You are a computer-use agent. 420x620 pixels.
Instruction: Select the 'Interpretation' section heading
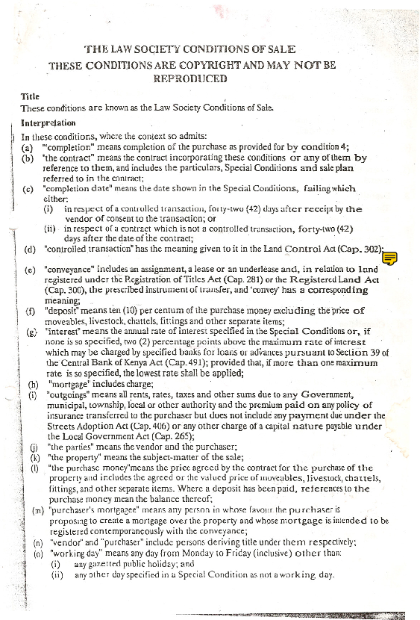[x=48, y=122]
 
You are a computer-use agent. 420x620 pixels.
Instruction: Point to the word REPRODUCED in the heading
[x=189, y=78]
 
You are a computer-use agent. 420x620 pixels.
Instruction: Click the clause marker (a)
[x=28, y=147]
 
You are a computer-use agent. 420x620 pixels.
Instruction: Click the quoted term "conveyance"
[x=69, y=268]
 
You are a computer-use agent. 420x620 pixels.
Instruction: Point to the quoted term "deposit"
[x=64, y=310]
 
